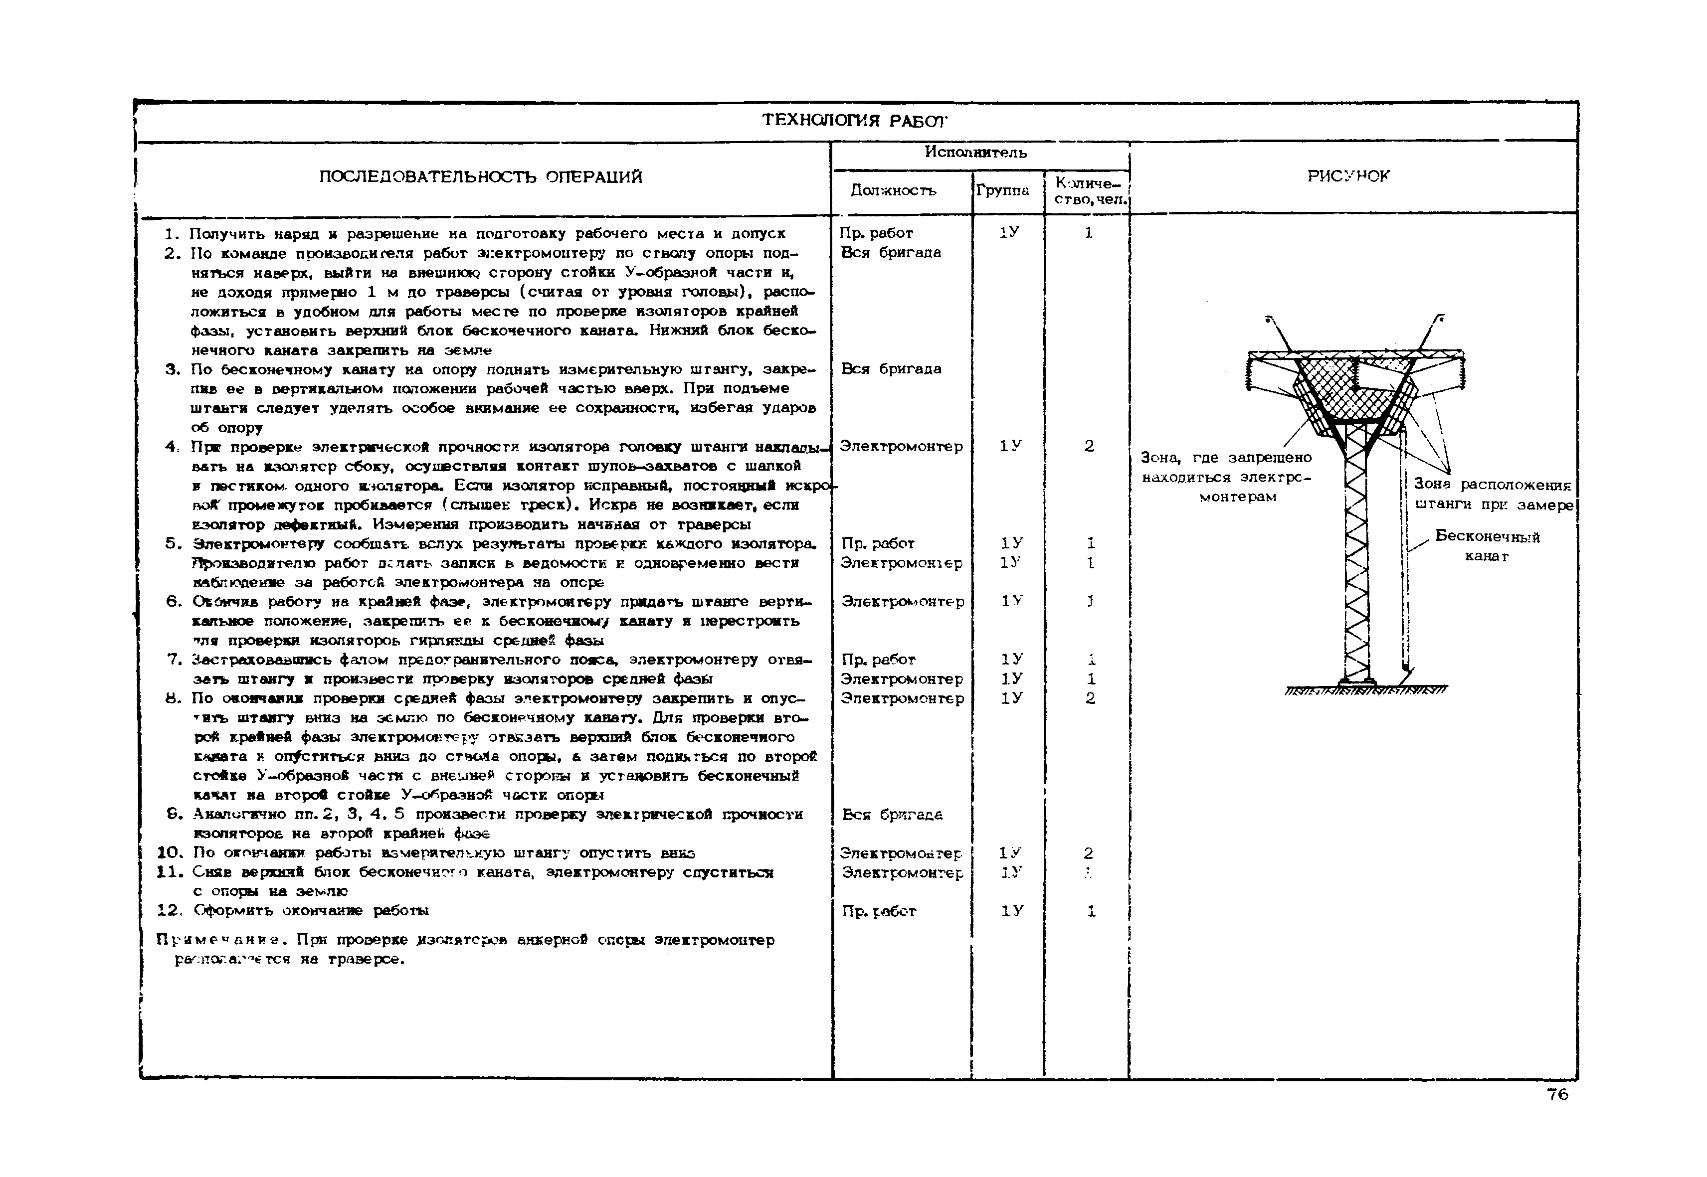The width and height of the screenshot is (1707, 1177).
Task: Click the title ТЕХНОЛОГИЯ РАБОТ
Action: (x=854, y=120)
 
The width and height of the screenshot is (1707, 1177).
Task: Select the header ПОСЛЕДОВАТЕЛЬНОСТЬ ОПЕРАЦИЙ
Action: (x=480, y=177)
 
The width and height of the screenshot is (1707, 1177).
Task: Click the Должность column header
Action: (x=893, y=190)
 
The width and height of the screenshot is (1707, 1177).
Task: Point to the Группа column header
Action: (x=1002, y=190)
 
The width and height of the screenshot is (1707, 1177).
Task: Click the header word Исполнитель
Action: (x=975, y=153)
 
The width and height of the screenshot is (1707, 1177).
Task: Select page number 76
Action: (x=1557, y=1094)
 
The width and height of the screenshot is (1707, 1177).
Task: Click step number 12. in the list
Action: (x=170, y=911)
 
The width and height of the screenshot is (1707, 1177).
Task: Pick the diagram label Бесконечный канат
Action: (x=1487, y=546)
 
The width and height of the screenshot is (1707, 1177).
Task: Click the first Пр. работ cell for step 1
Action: (x=876, y=233)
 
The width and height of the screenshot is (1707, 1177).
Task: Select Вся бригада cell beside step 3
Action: (x=891, y=369)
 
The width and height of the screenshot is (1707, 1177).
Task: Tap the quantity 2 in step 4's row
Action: (x=1089, y=446)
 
